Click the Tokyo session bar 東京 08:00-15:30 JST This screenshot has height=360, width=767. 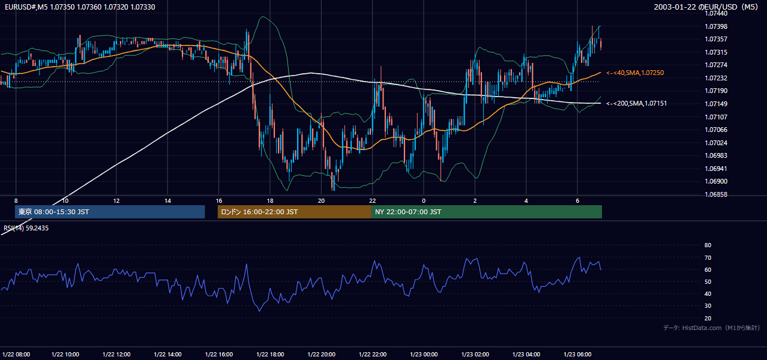tap(110, 212)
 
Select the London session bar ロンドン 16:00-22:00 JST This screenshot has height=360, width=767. tap(295, 212)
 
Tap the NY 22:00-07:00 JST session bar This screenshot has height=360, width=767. tap(487, 212)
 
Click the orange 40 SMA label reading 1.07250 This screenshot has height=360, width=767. tap(635, 73)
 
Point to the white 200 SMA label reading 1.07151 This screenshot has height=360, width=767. tap(637, 103)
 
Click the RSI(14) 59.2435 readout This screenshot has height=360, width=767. tap(26, 228)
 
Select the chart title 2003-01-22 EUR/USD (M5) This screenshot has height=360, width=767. tap(706, 7)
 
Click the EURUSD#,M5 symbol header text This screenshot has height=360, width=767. tap(80, 7)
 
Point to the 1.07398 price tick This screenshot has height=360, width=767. tap(716, 26)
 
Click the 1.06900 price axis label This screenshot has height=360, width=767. tap(716, 181)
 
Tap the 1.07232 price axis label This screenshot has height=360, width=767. tap(716, 78)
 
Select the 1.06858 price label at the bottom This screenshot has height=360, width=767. tap(716, 194)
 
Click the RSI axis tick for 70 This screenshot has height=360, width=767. tap(708, 257)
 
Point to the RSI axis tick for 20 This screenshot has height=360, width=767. tap(708, 318)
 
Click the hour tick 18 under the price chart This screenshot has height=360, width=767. tap(270, 201)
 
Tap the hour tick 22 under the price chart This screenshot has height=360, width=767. tap(373, 201)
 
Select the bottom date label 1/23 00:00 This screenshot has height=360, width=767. tap(424, 354)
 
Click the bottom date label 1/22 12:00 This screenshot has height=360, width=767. tap(116, 354)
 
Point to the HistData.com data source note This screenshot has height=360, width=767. tap(712, 328)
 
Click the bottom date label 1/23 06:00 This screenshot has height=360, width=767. tap(577, 354)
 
